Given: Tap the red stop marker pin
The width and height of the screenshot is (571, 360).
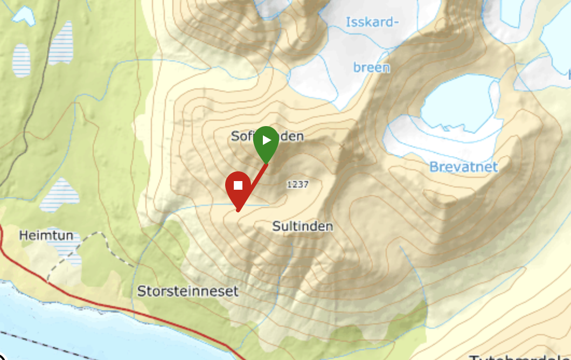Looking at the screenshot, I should click(x=238, y=188).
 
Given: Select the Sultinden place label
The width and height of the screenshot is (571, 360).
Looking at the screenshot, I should click(x=303, y=226).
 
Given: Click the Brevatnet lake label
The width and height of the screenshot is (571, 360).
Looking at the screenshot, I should click(x=463, y=167).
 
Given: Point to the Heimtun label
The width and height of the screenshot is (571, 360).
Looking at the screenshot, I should click(x=46, y=236).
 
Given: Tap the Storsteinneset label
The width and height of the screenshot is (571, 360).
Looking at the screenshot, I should click(x=187, y=292).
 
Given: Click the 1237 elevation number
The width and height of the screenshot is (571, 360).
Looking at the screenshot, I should click(x=297, y=184).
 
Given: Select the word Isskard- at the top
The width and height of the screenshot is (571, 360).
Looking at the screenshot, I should click(x=372, y=22).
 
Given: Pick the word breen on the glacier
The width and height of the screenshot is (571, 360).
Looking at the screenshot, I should click(x=371, y=67).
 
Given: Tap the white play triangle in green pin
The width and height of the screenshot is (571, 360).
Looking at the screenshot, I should click(x=267, y=141).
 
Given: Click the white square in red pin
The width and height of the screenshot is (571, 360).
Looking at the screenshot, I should click(x=238, y=185).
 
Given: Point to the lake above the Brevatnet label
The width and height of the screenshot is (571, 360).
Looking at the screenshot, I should click(x=458, y=105).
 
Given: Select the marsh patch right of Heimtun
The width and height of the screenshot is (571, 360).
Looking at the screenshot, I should click(x=59, y=194).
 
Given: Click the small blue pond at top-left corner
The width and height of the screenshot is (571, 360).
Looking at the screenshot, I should click(x=23, y=15).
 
